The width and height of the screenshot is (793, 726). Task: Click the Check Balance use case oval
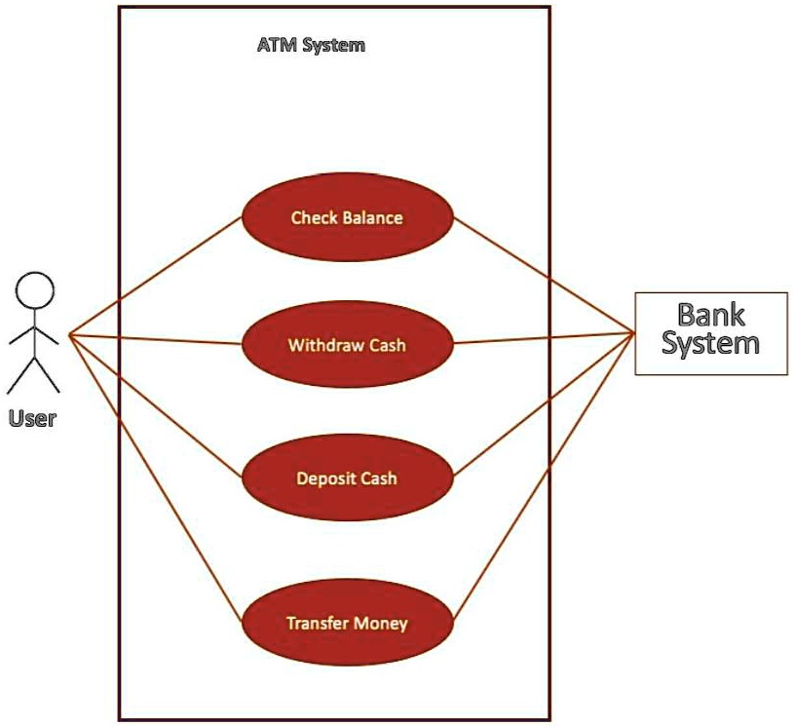pyautogui.click(x=347, y=216)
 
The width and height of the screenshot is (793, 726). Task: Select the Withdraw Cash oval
pyautogui.click(x=347, y=344)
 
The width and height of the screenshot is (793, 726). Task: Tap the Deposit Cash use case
pyautogui.click(x=347, y=478)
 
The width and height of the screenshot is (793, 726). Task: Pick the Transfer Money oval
pyautogui.click(x=347, y=623)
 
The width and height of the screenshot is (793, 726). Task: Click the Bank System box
pyautogui.click(x=710, y=333)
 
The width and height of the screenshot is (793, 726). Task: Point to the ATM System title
pyautogui.click(x=311, y=45)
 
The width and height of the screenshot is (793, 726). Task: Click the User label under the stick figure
pyautogui.click(x=33, y=419)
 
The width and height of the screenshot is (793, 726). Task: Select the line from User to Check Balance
pyautogui.click(x=156, y=277)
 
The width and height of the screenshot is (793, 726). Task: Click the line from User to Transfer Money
pyautogui.click(x=156, y=479)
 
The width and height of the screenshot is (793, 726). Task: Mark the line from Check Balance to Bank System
pyautogui.click(x=546, y=275)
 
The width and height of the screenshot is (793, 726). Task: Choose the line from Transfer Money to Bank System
pyautogui.click(x=546, y=478)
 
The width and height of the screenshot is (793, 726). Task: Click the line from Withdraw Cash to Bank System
pyautogui.click(x=546, y=338)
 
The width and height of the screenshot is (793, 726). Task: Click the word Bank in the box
pyautogui.click(x=710, y=315)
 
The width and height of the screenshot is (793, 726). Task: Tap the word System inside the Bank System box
pyautogui.click(x=710, y=343)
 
